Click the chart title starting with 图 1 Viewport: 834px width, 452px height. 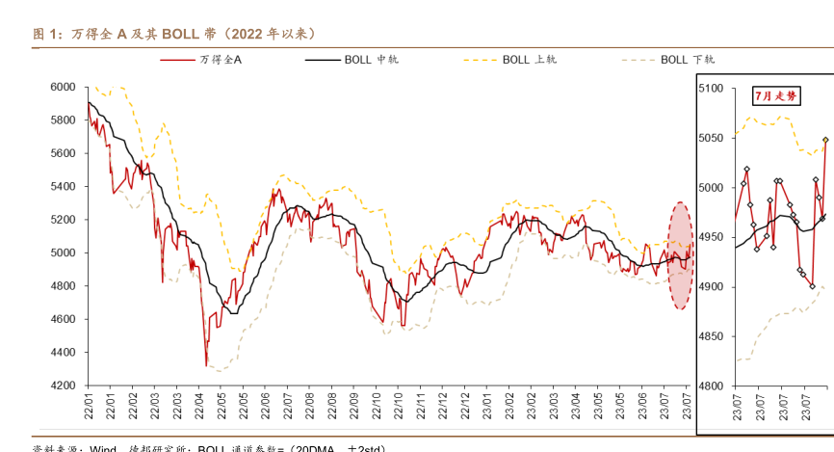click(174, 34)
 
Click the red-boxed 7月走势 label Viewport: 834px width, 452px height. click(775, 95)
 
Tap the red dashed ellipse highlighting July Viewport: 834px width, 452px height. click(679, 255)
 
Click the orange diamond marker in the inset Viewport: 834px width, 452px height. click(825, 141)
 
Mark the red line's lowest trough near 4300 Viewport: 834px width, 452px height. click(206, 365)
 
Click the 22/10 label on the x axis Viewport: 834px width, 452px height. click(398, 404)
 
